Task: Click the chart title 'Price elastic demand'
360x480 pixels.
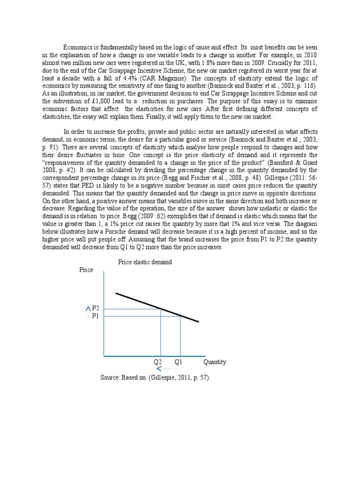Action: [x=145, y=262]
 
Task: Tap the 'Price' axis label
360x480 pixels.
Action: [x=86, y=270]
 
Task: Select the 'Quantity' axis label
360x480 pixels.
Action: [x=215, y=362]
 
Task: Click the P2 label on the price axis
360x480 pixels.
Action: [x=96, y=308]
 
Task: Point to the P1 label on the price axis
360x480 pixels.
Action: [x=96, y=316]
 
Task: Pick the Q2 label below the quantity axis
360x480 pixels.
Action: [x=157, y=362]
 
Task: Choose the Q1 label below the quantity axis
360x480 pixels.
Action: [x=178, y=362]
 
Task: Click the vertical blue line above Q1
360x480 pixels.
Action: [x=181, y=336]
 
